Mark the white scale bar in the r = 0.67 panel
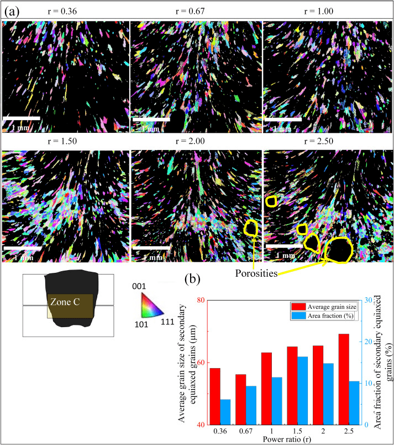[x=150, y=118]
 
